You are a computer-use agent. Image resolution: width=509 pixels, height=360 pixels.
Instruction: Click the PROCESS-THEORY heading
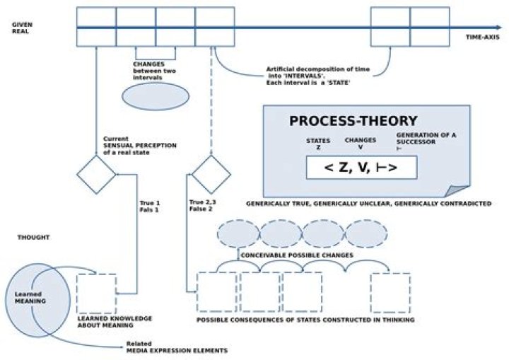point(353,121)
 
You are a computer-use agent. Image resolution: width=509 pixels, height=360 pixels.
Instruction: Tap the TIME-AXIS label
point(483,37)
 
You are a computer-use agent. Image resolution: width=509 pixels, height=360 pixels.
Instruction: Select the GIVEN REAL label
point(22,28)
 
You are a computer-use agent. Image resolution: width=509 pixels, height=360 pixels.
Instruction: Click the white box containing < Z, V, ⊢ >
point(362,168)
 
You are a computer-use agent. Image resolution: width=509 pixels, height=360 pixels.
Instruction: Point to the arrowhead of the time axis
point(499,28)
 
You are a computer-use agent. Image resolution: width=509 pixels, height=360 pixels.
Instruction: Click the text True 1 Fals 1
point(149,207)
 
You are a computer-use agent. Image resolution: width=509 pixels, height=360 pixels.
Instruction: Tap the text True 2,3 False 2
point(203,205)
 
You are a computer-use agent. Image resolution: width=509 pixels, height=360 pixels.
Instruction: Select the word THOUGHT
point(33,238)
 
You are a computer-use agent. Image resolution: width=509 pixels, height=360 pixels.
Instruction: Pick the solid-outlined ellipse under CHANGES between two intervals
point(156,96)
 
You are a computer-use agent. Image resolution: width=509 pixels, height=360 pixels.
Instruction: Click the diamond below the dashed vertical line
point(211,175)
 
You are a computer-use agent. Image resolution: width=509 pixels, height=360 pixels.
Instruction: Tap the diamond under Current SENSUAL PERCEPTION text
point(96,175)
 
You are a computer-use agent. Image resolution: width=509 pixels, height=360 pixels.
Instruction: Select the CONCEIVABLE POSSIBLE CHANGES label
point(297,255)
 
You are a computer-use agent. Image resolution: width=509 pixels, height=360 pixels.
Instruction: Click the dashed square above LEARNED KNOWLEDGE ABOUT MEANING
point(96,294)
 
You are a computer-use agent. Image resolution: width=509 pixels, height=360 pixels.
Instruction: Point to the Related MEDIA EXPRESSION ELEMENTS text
point(177,347)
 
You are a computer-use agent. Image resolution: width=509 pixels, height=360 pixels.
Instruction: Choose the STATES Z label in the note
point(318,144)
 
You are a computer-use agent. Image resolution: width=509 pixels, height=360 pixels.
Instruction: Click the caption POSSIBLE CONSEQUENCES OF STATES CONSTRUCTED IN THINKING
point(305,320)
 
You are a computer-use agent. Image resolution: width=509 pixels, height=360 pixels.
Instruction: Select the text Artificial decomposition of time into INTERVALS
point(318,72)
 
